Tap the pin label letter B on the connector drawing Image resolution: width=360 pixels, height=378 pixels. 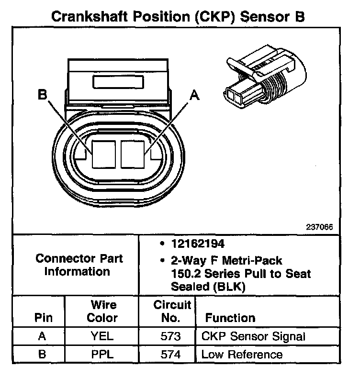click(x=43, y=95)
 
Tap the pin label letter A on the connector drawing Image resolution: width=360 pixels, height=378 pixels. click(x=194, y=95)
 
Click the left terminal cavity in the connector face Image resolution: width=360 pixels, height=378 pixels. click(x=104, y=154)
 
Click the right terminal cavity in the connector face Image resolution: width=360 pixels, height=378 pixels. click(x=133, y=154)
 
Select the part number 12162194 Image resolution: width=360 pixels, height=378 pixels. click(x=198, y=244)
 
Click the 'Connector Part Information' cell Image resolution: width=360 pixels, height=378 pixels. click(x=79, y=265)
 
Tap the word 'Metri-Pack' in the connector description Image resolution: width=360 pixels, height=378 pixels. click(x=255, y=261)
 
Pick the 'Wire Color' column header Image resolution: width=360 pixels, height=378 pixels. click(x=103, y=311)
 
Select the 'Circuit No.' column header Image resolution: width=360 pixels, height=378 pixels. click(x=172, y=311)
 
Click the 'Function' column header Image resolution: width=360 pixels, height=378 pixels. click(x=230, y=318)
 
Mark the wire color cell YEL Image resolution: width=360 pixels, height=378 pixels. click(x=102, y=336)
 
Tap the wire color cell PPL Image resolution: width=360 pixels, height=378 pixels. click(x=102, y=355)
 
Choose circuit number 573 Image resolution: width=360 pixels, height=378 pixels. click(x=171, y=336)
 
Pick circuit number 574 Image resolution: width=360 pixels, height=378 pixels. click(x=171, y=355)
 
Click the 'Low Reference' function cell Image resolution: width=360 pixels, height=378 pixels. click(x=242, y=355)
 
